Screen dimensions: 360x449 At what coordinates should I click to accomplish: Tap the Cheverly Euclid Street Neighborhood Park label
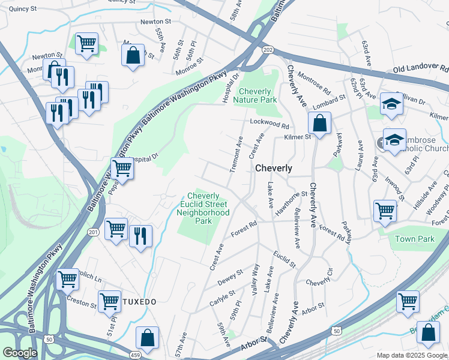click(208, 208)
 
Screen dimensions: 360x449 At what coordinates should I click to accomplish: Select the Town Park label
click(414, 239)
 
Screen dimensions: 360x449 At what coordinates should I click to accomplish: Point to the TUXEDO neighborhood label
click(140, 301)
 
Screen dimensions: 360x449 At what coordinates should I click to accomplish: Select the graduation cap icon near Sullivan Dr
click(391, 106)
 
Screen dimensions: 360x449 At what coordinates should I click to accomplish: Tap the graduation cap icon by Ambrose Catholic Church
click(394, 140)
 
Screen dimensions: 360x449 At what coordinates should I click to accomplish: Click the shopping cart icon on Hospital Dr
click(122, 169)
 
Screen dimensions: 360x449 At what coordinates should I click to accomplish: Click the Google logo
click(20, 353)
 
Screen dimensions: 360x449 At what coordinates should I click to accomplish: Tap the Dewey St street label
click(230, 278)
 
